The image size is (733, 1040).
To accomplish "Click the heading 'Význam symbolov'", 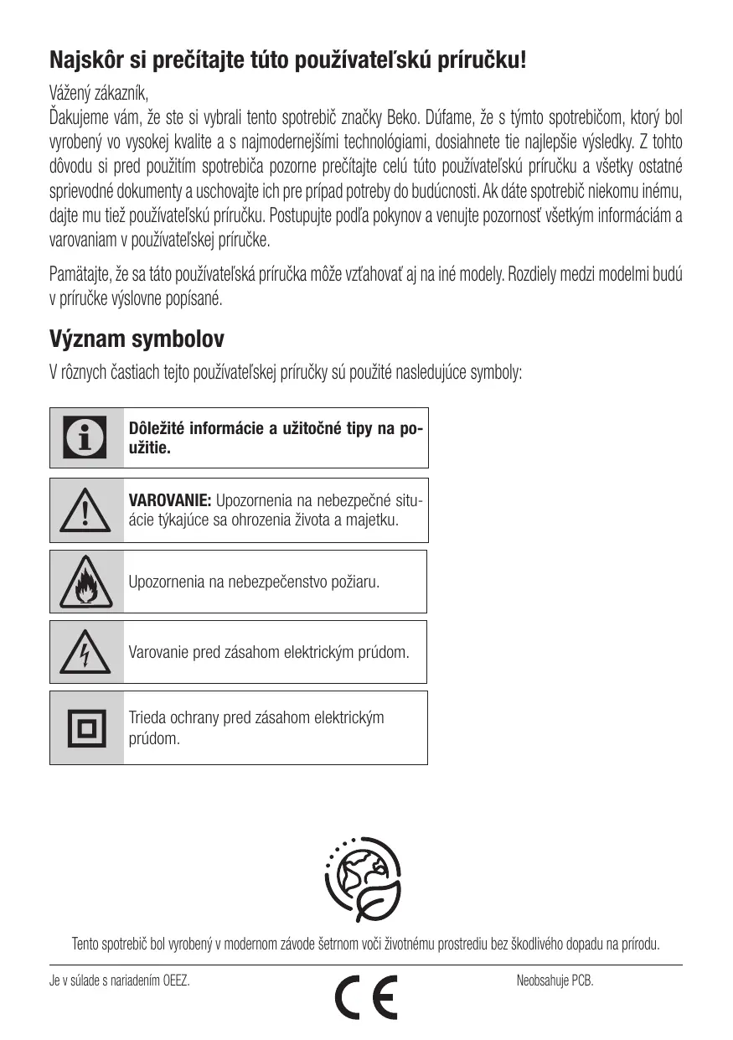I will (x=137, y=339).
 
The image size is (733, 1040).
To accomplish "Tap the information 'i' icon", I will (x=86, y=437).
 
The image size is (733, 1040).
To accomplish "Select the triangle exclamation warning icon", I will (x=86, y=511).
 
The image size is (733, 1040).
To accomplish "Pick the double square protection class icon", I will (x=86, y=727).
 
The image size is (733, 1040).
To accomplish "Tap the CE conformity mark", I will (x=366, y=996).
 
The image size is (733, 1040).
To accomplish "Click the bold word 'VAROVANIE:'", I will (x=169, y=501).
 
